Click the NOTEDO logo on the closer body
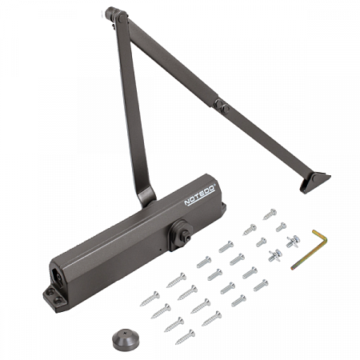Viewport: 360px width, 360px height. pyautogui.click(x=200, y=194)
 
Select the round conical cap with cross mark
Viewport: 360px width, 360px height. pyautogui.click(x=125, y=340)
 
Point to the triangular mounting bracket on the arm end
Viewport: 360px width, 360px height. pyautogui.click(x=315, y=182)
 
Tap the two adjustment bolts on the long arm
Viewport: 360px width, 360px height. pyautogui.click(x=222, y=106)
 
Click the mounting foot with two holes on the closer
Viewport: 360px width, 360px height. pyautogui.click(x=54, y=298)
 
